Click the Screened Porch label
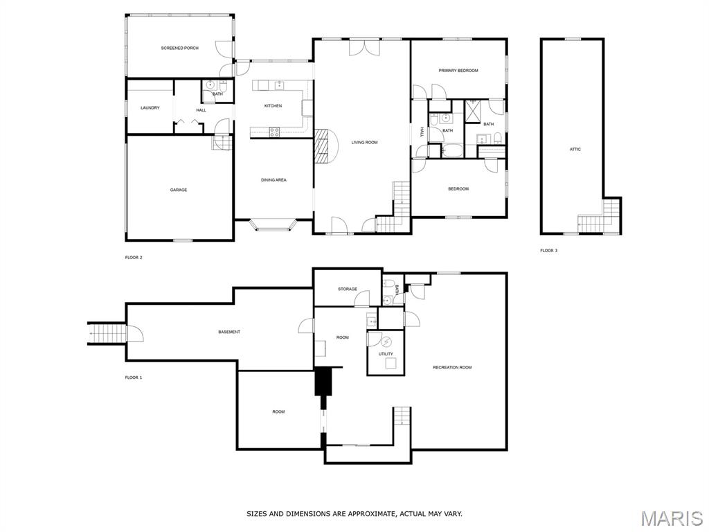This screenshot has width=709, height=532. coord(179,48)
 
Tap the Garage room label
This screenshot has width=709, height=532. coord(179,190)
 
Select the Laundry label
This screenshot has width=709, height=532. coord(150,108)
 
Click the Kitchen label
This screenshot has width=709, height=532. coord(273,106)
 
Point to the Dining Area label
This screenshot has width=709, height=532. coord(273,180)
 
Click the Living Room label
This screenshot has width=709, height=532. coord(364,143)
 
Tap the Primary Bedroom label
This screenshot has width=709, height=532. coord(458,71)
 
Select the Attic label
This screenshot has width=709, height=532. coord(575,150)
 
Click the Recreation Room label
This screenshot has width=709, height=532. coord(452,367)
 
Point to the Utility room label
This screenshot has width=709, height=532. coord(386,354)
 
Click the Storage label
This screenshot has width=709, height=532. coord(348,289)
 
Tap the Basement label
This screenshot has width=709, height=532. coord(229,332)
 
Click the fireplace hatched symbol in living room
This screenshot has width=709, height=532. coord(322,145)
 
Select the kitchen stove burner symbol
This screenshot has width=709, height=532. coord(274,132)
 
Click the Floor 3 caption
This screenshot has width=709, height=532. coord(548,251)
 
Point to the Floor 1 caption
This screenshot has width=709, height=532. coord(134,378)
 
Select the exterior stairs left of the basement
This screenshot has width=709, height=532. coord(107,334)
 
